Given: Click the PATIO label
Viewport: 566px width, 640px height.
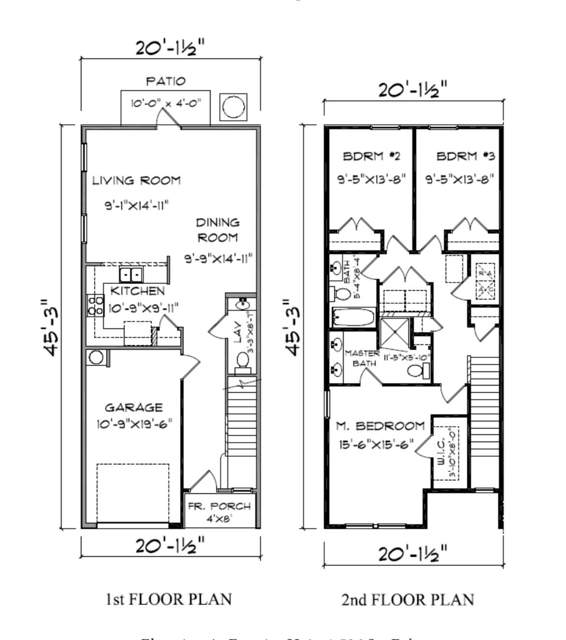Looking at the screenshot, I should click(x=165, y=81).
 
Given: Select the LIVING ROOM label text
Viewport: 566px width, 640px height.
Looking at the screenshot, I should click(x=136, y=181).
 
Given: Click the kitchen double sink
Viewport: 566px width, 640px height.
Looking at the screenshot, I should click(x=131, y=275).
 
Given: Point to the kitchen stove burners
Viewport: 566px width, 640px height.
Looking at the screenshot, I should click(x=95, y=306).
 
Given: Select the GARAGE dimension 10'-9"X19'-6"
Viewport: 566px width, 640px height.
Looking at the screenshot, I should click(x=134, y=424).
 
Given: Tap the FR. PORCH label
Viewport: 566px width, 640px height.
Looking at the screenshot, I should click(x=219, y=506).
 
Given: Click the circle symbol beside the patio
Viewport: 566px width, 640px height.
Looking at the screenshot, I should click(x=233, y=106).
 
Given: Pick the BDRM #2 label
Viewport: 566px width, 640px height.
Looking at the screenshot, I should click(x=371, y=156).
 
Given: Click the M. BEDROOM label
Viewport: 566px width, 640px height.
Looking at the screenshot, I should click(x=380, y=426).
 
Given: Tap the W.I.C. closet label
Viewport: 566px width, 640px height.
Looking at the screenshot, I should click(x=442, y=452).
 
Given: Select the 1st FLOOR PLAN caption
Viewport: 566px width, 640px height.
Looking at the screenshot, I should click(x=168, y=599).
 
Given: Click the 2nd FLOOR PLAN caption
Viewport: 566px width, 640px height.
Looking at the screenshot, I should click(x=407, y=600).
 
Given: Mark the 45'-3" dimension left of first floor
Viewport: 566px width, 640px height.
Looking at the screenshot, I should click(x=50, y=327).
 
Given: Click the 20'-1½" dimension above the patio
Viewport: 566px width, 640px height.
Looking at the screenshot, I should click(x=170, y=48).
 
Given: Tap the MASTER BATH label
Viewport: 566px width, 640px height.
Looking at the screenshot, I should click(x=361, y=358).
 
